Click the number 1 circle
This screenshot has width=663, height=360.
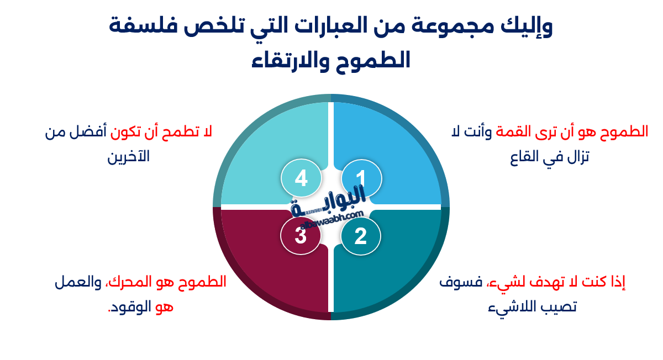(361, 178)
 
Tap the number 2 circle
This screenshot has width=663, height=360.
(360, 236)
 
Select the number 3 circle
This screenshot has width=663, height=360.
(301, 236)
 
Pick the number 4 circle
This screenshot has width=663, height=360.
(301, 178)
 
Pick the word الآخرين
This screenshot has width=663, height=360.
(128, 157)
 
